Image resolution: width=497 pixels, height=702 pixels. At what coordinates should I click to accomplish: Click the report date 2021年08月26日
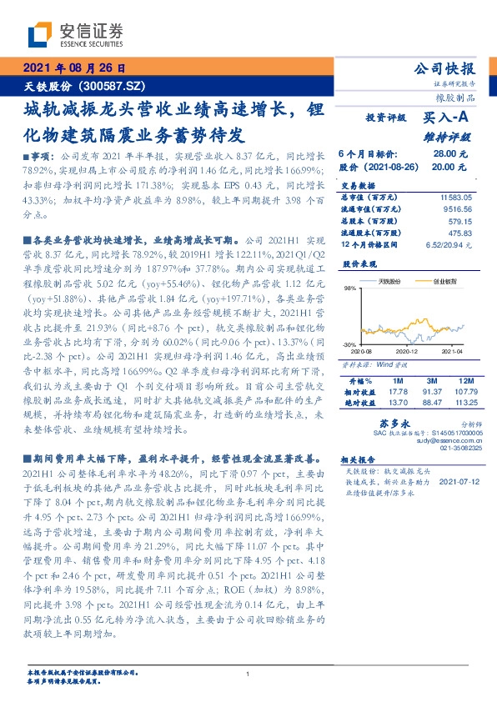click(74, 68)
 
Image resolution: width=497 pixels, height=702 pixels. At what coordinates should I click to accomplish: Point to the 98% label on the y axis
click(349, 287)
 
